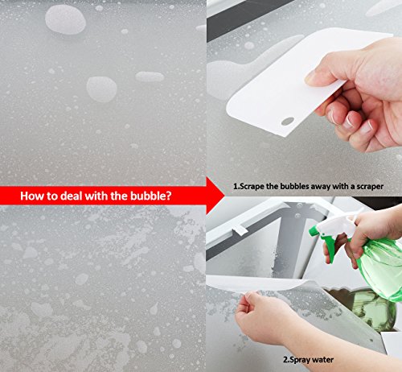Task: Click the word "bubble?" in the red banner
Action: [150, 196]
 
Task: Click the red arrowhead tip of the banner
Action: [224, 196]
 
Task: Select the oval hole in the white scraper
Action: [288, 121]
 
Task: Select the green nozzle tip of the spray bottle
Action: [313, 231]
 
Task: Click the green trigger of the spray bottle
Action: [330, 248]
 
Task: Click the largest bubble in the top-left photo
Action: [65, 19]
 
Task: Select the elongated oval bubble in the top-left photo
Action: [150, 76]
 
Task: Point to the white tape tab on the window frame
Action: [240, 229]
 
